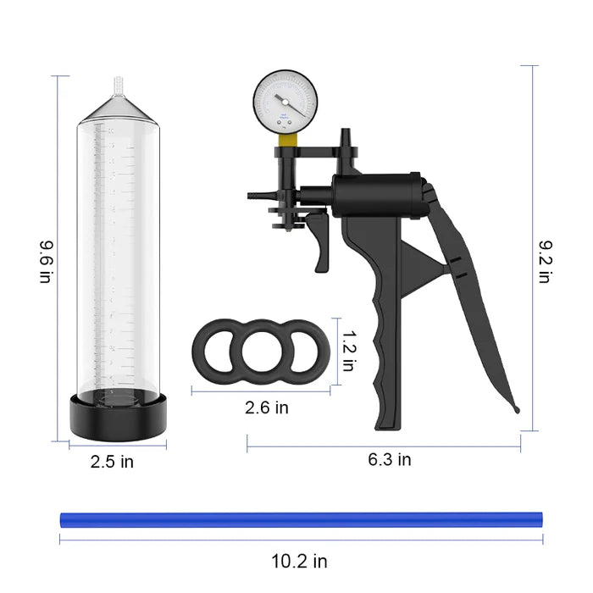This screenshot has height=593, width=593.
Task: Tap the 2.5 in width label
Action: point(113,462)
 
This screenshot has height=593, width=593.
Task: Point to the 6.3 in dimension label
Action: point(390,460)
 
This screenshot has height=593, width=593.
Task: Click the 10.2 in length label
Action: point(298,561)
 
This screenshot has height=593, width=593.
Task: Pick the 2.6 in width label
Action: point(266,407)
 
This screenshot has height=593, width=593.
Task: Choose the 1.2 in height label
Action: point(347,351)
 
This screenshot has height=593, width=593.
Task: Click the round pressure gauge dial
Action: point(285,103)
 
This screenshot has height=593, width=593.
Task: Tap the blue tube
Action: point(302,518)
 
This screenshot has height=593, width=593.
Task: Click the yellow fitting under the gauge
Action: point(289,141)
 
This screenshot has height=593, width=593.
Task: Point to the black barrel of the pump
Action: point(377,194)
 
